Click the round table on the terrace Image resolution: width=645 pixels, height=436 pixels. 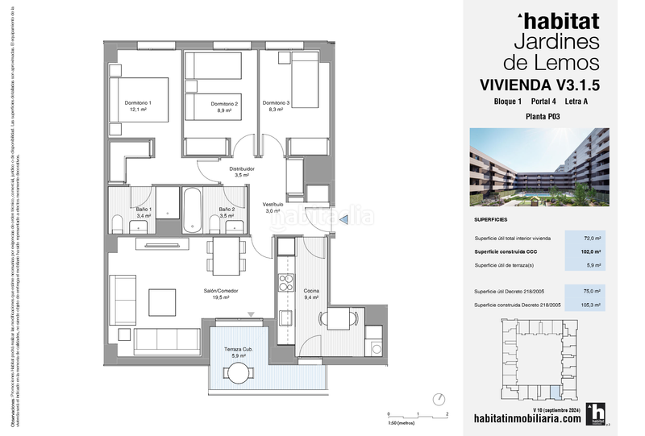click(239, 372)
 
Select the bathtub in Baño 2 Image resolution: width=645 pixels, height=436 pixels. click(193, 210)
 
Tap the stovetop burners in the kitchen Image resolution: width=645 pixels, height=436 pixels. click(285, 283)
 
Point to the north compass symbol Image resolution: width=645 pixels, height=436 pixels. click(439, 399)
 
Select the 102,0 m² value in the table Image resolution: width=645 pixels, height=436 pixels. click(593, 251)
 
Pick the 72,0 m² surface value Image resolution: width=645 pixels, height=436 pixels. click(593, 238)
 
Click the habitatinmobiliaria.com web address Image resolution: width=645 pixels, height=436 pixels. click(526, 420)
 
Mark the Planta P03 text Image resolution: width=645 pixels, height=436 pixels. click(543, 117)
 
